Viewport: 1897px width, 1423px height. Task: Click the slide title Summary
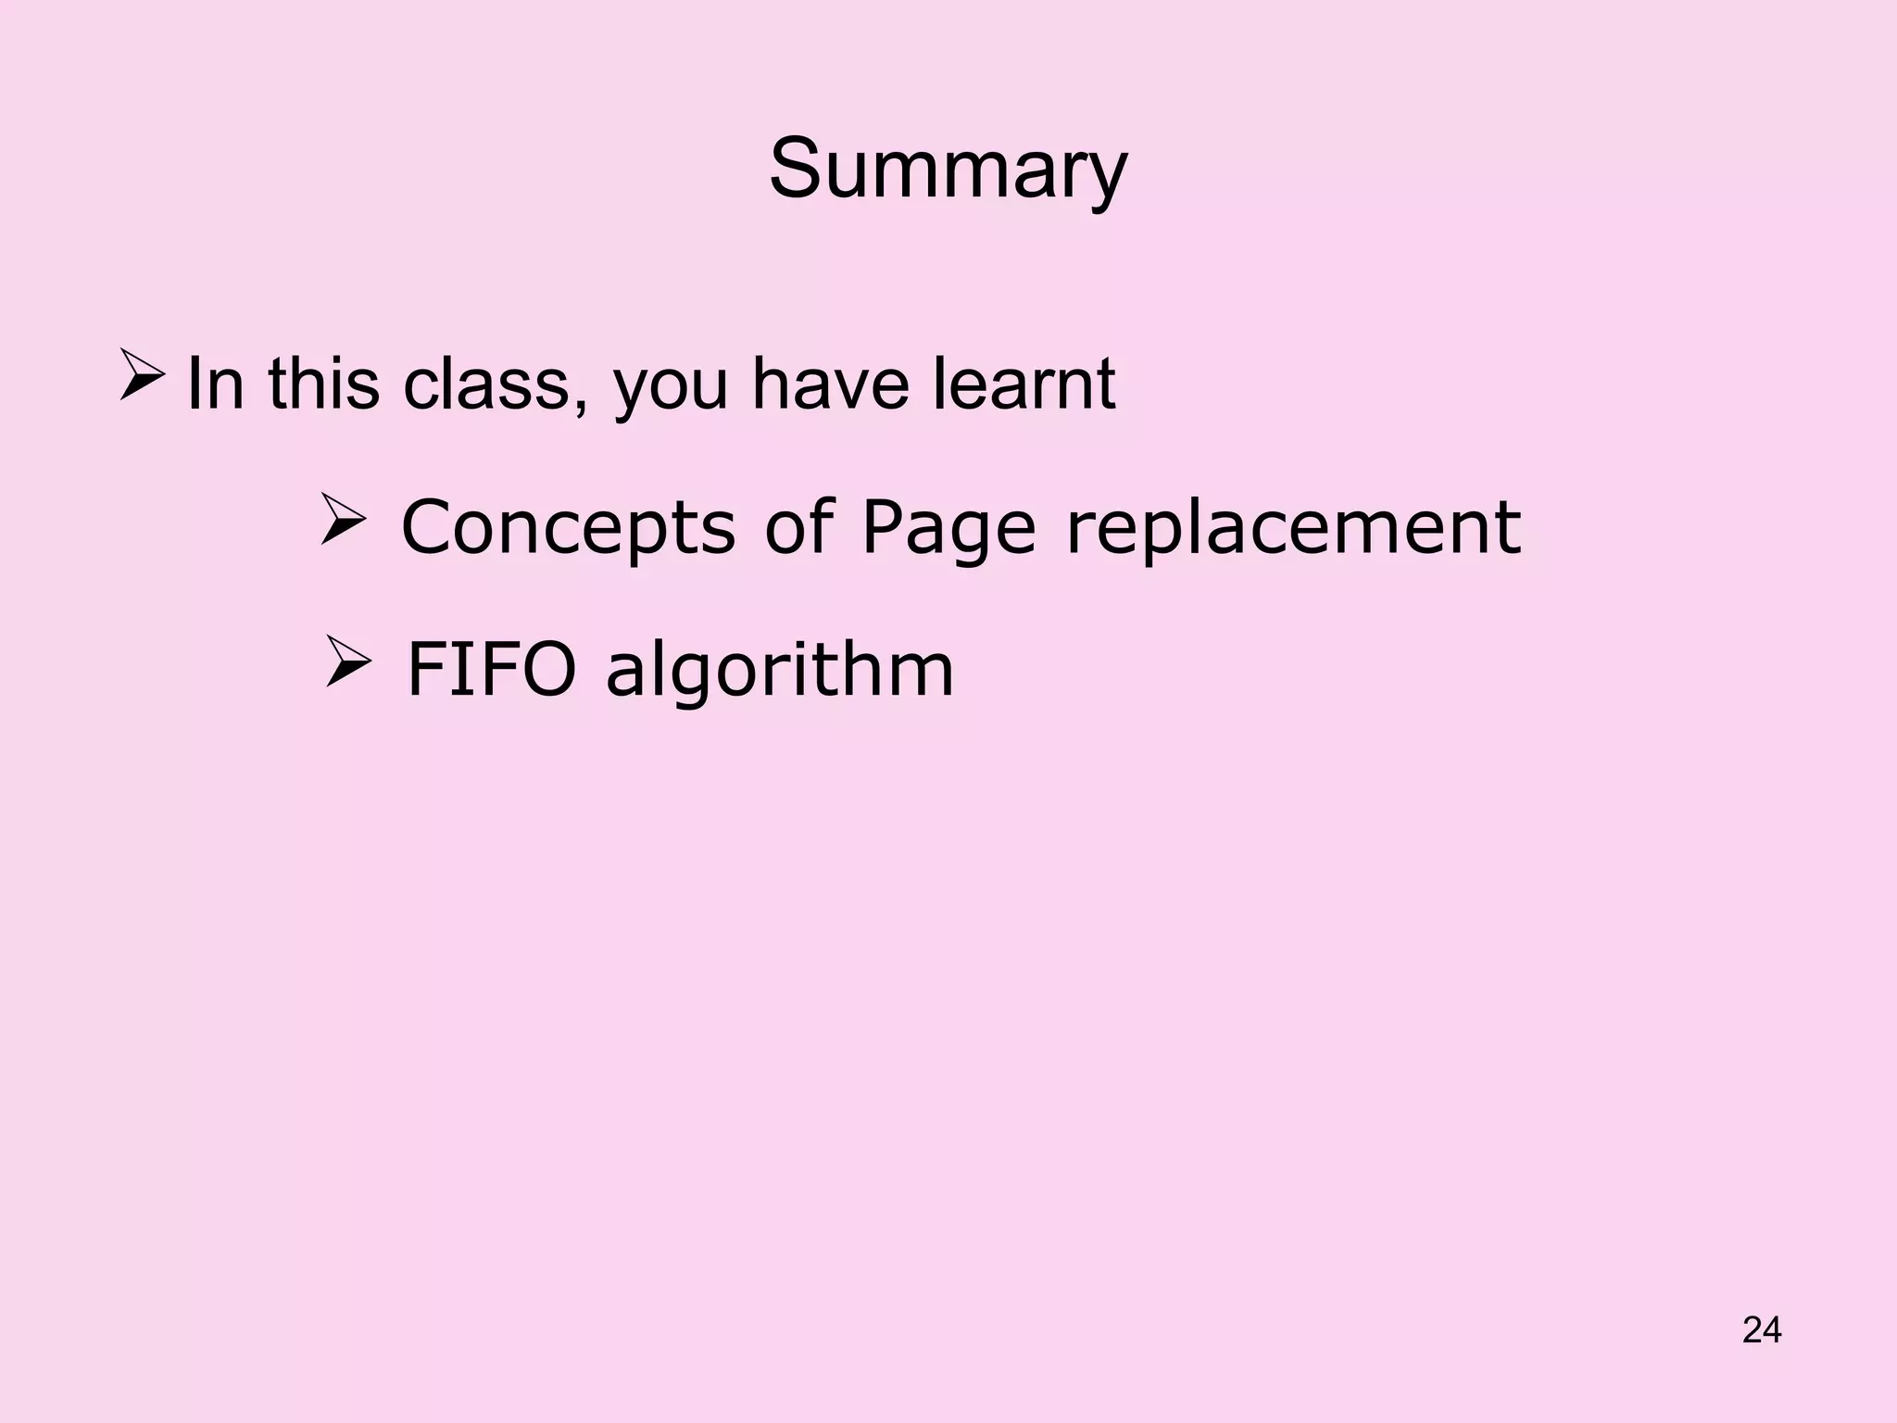coord(948,170)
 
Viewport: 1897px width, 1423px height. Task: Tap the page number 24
coord(1762,1329)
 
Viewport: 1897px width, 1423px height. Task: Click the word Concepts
coord(568,527)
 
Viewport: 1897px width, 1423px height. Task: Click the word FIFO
coord(492,669)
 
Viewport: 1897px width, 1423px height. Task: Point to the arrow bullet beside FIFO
coord(348,661)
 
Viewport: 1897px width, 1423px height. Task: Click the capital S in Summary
coord(798,170)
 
